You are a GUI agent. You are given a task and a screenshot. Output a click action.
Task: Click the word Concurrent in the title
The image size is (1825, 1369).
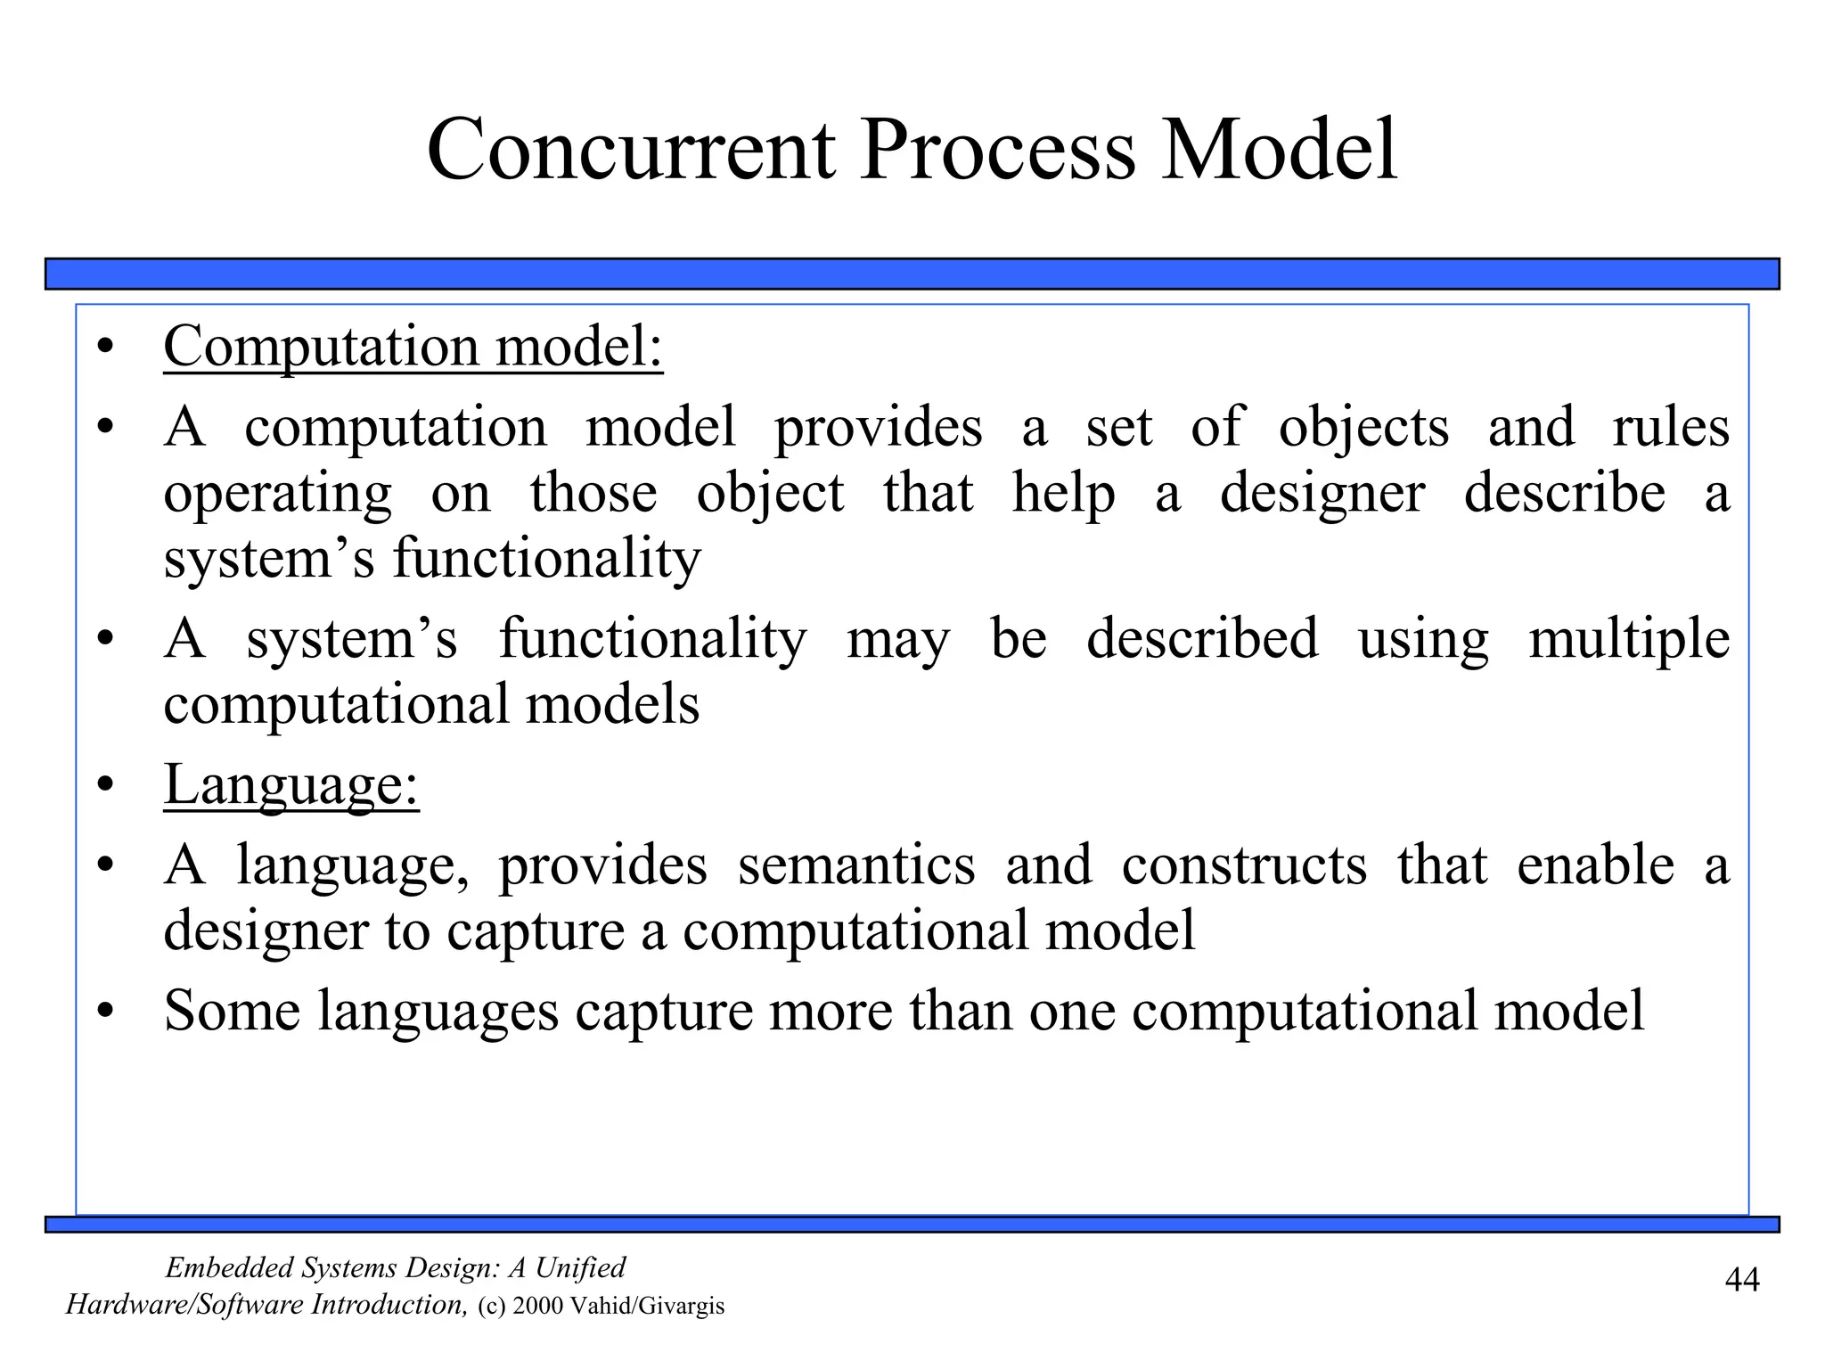point(631,150)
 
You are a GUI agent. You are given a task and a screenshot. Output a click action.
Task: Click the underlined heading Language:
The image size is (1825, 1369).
point(291,785)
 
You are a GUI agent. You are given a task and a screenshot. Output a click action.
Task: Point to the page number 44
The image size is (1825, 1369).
point(1742,1280)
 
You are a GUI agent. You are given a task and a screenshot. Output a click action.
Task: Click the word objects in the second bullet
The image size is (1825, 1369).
point(1363,428)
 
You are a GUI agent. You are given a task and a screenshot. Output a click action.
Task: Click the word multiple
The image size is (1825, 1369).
point(1629,640)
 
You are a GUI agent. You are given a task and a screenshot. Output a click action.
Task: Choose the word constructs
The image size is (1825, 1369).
point(1243,865)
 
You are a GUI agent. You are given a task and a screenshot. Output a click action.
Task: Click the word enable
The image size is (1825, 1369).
point(1595,865)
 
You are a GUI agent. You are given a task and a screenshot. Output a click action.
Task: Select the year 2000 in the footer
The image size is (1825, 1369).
point(539,1307)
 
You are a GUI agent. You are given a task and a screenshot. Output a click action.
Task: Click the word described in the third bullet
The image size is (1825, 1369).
point(1201,640)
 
